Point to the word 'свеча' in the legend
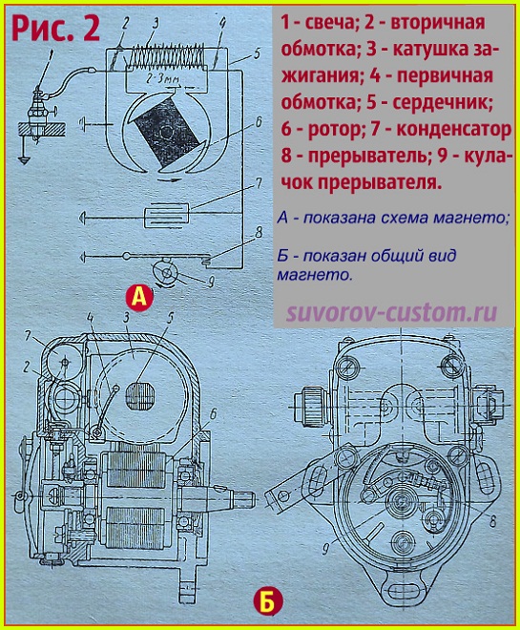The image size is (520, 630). click(330, 22)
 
